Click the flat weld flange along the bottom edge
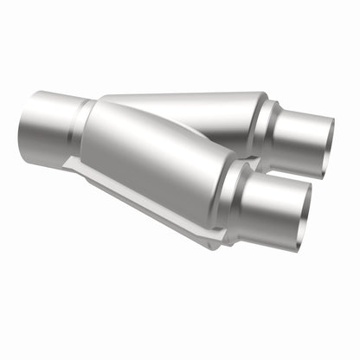tap(147, 208)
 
